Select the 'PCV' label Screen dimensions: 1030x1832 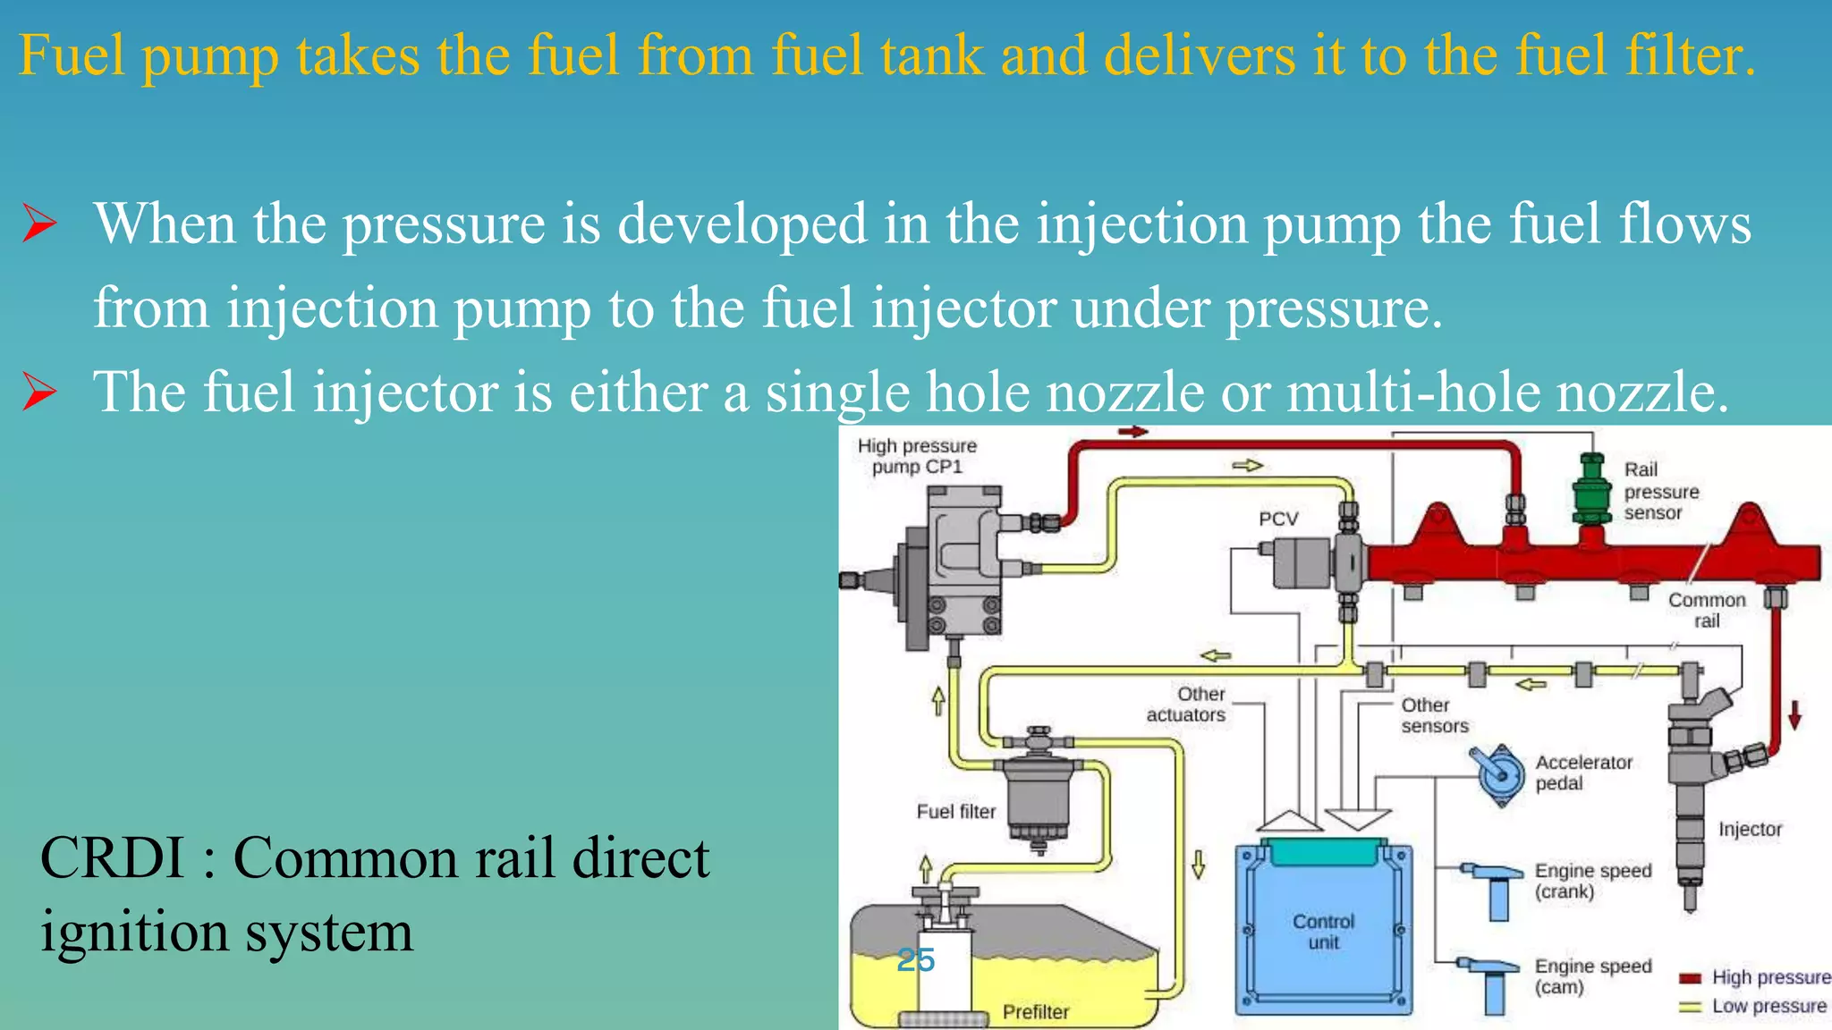point(1278,519)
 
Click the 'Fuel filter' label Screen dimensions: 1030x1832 point(955,811)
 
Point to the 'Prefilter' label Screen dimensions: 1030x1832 point(1036,1011)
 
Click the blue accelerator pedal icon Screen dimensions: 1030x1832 point(1498,773)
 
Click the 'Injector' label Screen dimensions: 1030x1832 point(1750,829)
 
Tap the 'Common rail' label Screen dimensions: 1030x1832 point(1707,610)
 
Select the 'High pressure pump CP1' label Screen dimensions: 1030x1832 point(917,456)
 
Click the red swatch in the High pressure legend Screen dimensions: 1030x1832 point(1690,978)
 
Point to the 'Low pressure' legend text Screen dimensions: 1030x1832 point(1768,1006)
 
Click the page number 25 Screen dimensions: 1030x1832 point(916,960)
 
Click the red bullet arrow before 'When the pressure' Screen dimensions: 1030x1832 point(40,224)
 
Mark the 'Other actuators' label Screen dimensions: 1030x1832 point(1187,705)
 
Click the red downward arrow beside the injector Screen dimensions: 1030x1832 point(1794,714)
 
